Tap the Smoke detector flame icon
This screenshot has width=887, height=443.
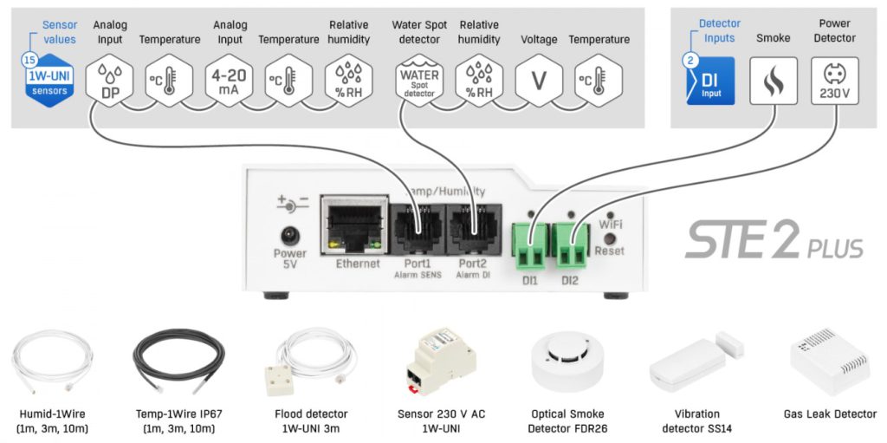pyautogui.click(x=773, y=81)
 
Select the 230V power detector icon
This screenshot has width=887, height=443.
pyautogui.click(x=834, y=81)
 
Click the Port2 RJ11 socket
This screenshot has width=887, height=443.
pyautogui.click(x=472, y=231)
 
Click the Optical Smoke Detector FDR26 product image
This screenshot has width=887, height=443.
pyautogui.click(x=567, y=360)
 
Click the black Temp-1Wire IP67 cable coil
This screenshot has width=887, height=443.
pyautogui.click(x=178, y=360)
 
